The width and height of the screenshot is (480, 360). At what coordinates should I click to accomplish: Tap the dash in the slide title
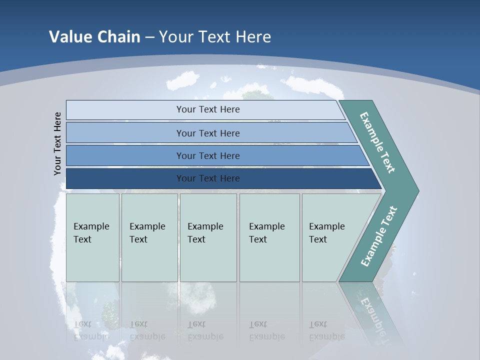tap(149, 37)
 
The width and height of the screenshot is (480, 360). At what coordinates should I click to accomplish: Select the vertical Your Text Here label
tap(57, 143)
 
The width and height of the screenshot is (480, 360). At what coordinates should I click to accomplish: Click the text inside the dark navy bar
tap(208, 178)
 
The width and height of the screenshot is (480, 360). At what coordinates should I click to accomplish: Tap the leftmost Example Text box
tap(92, 237)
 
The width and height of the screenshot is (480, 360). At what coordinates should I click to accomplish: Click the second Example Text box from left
tap(149, 237)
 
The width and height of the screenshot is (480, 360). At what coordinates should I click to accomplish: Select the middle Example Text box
tap(208, 237)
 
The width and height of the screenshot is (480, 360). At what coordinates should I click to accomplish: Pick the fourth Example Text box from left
tap(269, 237)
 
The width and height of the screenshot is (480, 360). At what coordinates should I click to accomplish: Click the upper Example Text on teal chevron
tap(377, 142)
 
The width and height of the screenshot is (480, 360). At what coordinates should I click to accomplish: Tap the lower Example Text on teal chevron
tap(378, 236)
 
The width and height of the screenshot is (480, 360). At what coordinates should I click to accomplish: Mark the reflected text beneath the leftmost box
tap(91, 330)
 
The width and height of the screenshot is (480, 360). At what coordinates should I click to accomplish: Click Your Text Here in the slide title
tap(215, 37)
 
